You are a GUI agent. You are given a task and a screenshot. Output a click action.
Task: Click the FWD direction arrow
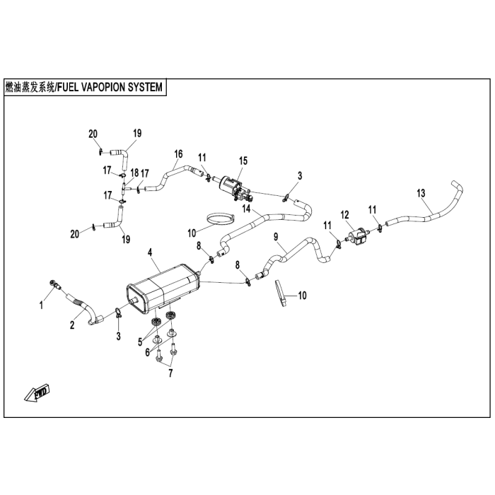37,392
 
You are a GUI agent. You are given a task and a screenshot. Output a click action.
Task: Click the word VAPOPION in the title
103,87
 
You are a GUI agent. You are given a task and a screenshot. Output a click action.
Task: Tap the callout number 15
243,161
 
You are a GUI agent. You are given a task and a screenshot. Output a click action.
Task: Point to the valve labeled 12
357,236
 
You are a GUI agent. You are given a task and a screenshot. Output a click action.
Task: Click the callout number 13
421,193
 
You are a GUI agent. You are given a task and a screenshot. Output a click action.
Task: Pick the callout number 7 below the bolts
170,373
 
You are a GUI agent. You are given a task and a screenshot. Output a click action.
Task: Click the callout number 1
41,305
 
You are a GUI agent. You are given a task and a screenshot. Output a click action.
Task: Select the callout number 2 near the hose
72,325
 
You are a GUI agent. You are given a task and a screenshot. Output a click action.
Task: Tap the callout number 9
276,237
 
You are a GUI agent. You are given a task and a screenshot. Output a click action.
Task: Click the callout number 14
246,209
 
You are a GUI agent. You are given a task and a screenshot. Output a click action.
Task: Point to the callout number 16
178,154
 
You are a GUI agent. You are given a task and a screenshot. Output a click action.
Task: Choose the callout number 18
134,173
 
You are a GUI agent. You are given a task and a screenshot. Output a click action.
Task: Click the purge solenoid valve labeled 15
235,188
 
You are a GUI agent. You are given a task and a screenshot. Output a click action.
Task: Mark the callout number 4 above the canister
150,253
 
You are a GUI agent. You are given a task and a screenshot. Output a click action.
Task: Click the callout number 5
140,342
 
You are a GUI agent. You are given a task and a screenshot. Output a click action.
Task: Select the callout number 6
147,352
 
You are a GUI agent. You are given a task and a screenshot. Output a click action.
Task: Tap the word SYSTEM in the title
145,87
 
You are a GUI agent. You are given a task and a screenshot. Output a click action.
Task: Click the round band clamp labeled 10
221,219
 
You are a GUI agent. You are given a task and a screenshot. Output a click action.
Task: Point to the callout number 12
345,215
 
